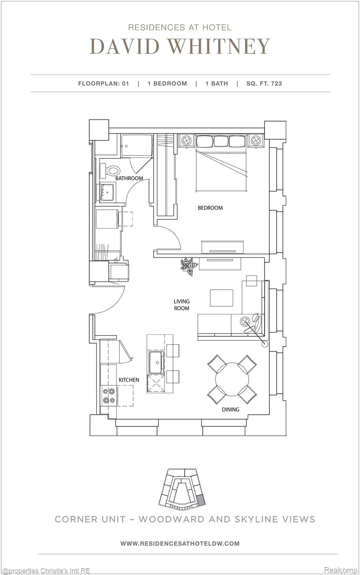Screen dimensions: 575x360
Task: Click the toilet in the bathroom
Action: coord(112,171)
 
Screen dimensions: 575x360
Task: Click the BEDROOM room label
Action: coord(210,208)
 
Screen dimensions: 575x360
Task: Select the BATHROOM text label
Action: coord(129,178)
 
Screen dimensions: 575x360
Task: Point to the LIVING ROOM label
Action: coord(182,305)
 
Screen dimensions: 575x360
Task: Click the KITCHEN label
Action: coord(129,380)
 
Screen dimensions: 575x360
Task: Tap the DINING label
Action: coord(230,410)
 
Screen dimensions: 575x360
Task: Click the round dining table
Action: coord(232,379)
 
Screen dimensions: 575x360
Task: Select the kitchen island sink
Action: coord(155,362)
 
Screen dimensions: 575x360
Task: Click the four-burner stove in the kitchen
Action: coord(109,396)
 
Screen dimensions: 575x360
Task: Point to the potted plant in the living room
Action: coord(189,266)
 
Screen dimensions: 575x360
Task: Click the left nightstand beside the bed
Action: coord(186,141)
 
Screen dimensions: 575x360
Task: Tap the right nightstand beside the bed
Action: coord(255,141)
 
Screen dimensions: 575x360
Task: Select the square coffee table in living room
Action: coord(221,298)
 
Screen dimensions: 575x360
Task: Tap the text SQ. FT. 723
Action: coord(264,83)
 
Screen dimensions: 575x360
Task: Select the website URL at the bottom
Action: coord(180,543)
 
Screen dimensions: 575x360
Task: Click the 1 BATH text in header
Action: coord(217,83)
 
